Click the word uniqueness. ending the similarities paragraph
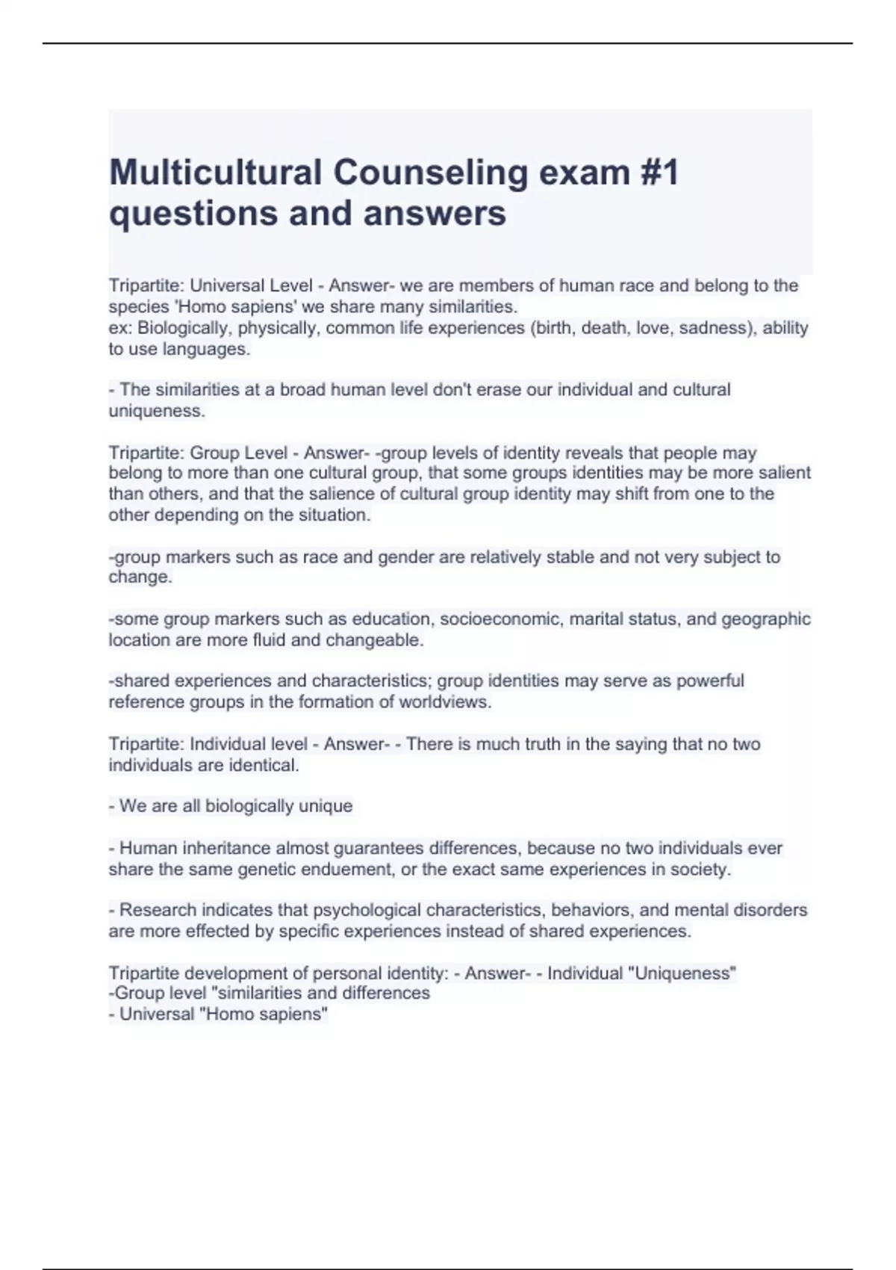pyautogui.click(x=157, y=411)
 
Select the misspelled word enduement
pyautogui.click(x=355, y=870)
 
